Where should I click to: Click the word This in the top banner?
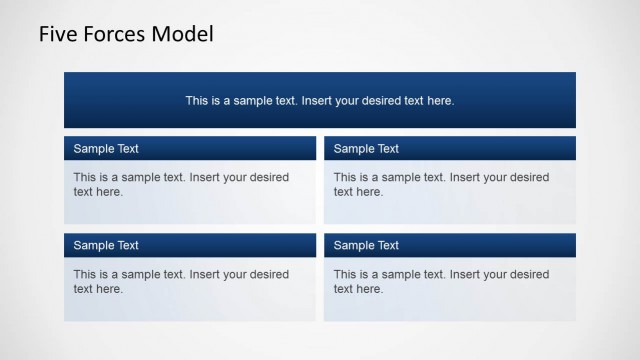click(197, 101)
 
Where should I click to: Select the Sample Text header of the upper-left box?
click(106, 149)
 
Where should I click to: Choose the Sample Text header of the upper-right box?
click(366, 149)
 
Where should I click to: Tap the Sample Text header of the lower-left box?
click(106, 246)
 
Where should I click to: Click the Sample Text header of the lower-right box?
click(366, 246)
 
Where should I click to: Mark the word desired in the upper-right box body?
click(529, 177)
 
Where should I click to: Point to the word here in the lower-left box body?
click(110, 289)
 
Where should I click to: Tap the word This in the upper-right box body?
click(345, 177)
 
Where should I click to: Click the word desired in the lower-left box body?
click(269, 274)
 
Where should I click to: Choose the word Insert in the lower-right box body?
click(466, 274)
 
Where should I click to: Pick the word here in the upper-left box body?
click(110, 192)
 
